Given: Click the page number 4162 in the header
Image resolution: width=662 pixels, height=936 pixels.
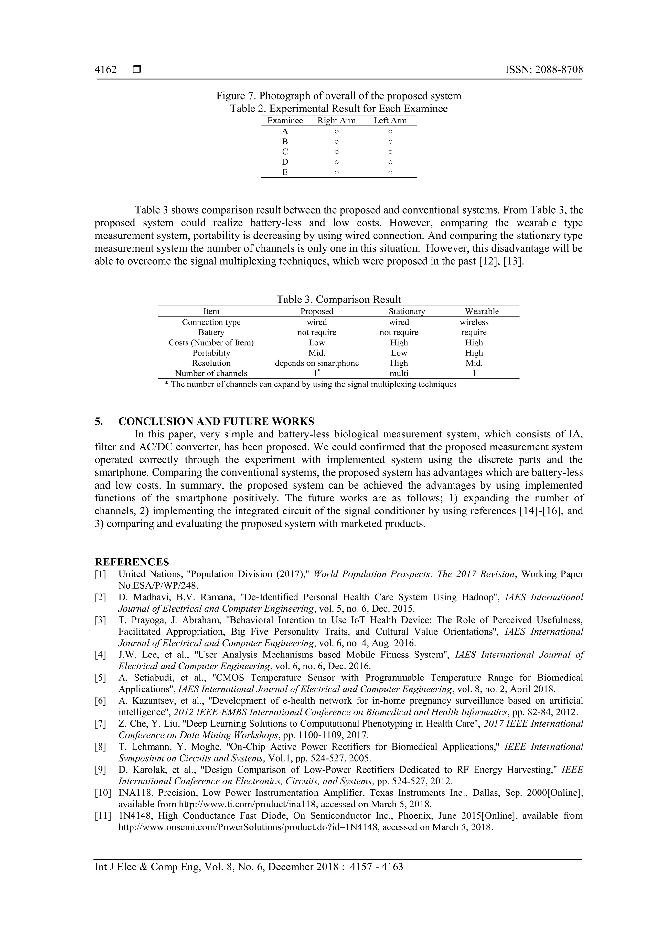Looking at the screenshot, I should tap(106, 70).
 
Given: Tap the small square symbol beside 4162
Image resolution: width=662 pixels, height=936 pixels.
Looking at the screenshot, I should tap(137, 70).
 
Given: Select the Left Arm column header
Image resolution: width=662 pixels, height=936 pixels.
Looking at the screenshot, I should tap(390, 121).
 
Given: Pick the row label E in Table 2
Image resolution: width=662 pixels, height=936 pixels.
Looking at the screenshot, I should tap(285, 173).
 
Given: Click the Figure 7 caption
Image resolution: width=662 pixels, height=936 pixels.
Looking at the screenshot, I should tap(338, 96).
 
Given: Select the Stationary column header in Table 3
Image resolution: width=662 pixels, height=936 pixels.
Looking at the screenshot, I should tap(407, 311).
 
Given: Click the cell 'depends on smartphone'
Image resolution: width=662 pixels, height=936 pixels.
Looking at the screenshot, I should tap(317, 363).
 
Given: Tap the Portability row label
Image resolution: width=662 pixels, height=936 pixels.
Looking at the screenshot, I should tap(211, 353).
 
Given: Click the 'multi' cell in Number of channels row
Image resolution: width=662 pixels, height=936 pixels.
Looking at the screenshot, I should tap(399, 373).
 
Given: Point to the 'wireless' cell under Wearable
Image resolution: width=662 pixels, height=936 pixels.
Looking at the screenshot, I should tap(474, 322).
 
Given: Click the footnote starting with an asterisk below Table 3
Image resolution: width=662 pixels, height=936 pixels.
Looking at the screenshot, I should tap(310, 384).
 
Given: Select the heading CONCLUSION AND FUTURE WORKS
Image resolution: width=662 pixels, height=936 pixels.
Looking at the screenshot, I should tap(216, 421).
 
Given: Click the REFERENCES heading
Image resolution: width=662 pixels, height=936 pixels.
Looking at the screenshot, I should tap(132, 562).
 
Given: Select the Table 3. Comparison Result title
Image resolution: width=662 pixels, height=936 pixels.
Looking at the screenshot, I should tap(338, 300).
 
